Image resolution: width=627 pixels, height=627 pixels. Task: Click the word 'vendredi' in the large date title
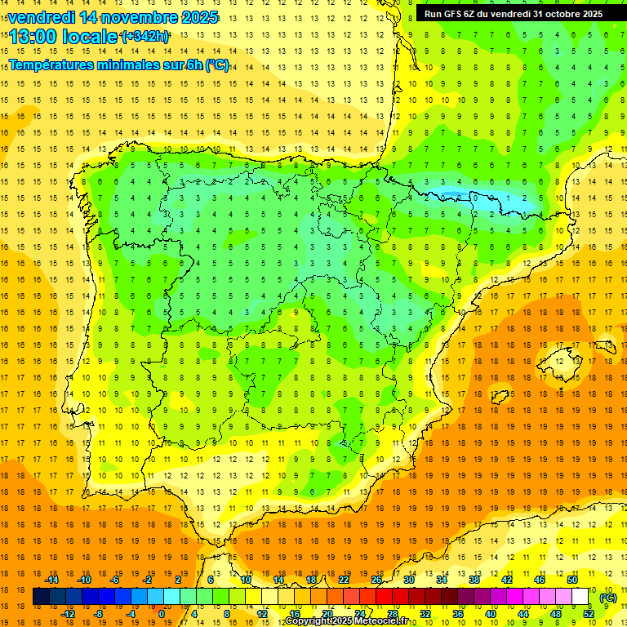(38, 17)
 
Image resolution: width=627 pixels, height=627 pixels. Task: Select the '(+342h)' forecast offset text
(145, 37)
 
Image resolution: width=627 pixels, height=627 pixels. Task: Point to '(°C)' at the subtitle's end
(216, 65)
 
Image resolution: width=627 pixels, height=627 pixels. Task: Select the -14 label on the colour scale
(51, 580)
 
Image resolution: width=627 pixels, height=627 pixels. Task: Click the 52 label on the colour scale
(589, 614)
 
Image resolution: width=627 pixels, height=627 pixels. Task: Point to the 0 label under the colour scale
(162, 614)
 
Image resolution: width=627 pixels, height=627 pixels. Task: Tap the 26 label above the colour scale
(376, 580)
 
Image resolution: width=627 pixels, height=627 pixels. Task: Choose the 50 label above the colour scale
(572, 580)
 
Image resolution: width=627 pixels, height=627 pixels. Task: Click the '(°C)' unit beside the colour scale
(607, 598)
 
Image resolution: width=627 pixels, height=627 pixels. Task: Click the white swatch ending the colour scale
(580, 597)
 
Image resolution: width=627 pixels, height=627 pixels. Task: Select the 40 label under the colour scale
(490, 614)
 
